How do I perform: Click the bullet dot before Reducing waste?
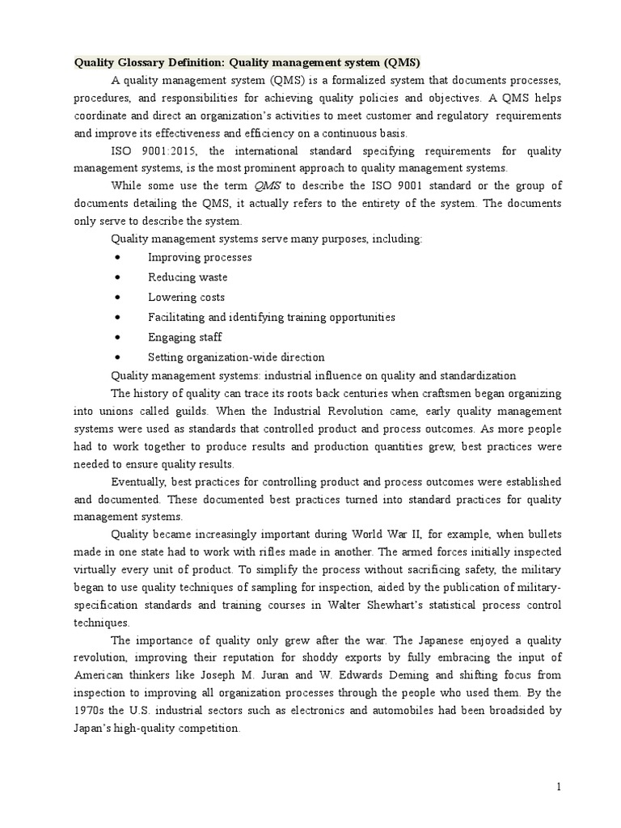point(119,277)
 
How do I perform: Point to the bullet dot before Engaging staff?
point(119,337)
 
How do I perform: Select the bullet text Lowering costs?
point(186,298)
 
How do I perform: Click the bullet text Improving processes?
point(200,257)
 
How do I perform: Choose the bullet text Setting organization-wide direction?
point(236,357)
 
